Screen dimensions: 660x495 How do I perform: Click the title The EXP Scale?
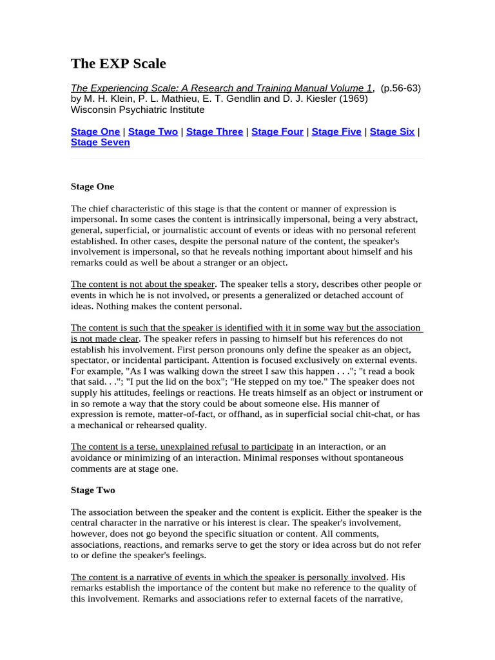point(118,63)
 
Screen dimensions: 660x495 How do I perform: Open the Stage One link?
point(95,131)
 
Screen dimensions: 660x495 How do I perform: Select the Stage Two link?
point(153,131)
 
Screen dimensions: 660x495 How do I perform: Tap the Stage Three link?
point(215,131)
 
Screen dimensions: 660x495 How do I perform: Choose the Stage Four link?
point(277,131)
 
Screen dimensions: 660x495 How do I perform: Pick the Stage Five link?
point(336,131)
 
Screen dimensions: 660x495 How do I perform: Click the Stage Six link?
point(392,131)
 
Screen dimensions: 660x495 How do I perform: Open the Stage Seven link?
point(100,142)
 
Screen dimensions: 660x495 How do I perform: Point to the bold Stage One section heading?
point(92,187)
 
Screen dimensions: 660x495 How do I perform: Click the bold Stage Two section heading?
point(93,490)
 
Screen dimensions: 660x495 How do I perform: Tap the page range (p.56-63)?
point(401,88)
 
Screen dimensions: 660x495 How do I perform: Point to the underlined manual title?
point(222,88)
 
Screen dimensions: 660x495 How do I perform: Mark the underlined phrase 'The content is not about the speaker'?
point(142,284)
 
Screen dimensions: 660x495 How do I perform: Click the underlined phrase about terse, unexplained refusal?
point(182,446)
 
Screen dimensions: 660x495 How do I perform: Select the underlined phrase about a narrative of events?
point(229,577)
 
